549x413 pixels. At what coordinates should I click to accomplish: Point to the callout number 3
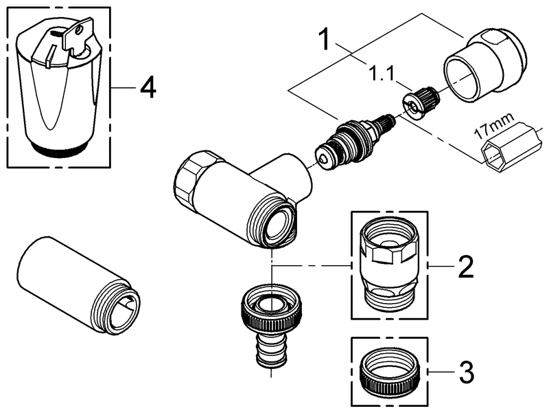pyautogui.click(x=465, y=374)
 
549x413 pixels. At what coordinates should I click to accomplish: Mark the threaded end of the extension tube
pyautogui.click(x=122, y=310)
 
